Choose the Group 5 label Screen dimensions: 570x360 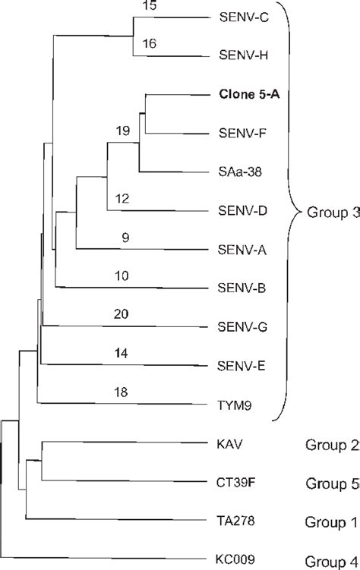click(x=330, y=482)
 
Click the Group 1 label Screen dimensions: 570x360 click(x=330, y=521)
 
